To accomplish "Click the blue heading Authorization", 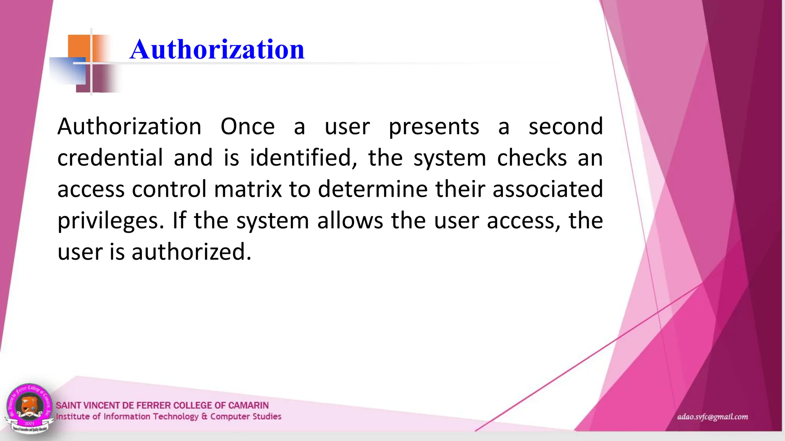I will pos(217,49).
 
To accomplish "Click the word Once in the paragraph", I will pos(248,127).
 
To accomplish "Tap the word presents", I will pos(434,127).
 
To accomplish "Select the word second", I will pos(566,127).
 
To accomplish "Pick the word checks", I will pos(532,158).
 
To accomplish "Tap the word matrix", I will pos(248,189).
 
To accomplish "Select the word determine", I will pos(373,189).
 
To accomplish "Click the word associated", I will pos(548,189).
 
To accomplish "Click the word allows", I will pos(350,221).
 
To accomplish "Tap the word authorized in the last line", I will pos(191,252).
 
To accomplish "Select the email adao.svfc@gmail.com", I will pos(712,417).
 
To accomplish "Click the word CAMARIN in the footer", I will pos(248,405).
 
